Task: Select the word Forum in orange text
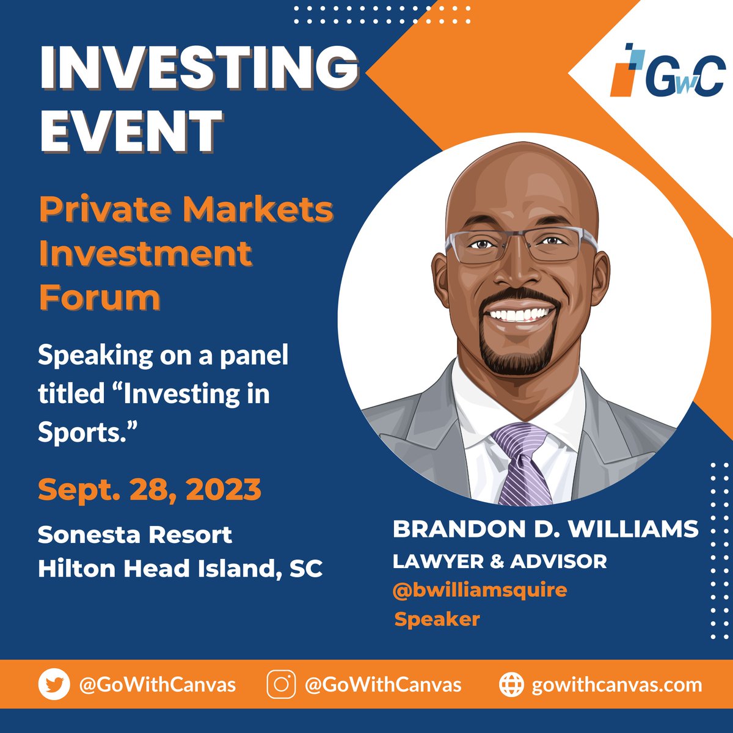click(x=100, y=297)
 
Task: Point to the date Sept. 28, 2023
click(x=150, y=489)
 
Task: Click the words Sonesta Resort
click(x=135, y=535)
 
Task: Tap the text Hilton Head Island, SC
click(x=180, y=569)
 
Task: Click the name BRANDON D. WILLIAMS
click(x=545, y=529)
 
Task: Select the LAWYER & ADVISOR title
click(x=500, y=561)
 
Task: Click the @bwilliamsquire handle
click(x=480, y=590)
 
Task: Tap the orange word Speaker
click(x=437, y=619)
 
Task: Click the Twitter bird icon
click(x=54, y=685)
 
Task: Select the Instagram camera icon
click(x=282, y=685)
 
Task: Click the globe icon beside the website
click(x=511, y=685)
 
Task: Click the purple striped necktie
click(x=522, y=464)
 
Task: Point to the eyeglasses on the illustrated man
click(x=521, y=246)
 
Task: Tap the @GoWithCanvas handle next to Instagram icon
click(x=383, y=685)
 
